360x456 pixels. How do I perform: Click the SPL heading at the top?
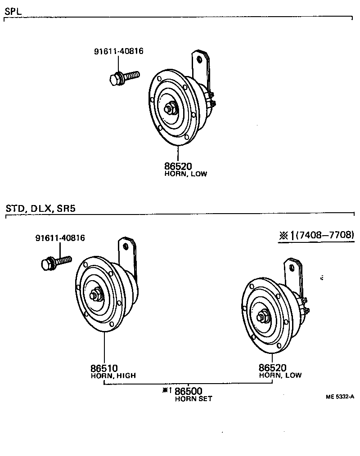[13, 10]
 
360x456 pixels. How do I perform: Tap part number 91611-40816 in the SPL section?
[118, 51]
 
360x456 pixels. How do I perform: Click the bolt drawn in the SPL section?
[124, 77]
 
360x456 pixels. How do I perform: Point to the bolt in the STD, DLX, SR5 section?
[56, 262]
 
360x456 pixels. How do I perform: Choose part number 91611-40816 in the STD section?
[60, 238]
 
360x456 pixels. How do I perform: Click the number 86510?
[104, 367]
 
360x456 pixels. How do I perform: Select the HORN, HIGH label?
[113, 376]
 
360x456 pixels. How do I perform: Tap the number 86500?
[188, 391]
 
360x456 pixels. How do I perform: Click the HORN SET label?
[193, 399]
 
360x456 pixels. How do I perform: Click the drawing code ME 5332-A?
[340, 397]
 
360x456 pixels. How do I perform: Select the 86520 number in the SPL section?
[178, 166]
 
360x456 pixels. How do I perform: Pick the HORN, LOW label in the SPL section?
[186, 174]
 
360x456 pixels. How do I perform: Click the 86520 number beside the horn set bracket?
[272, 367]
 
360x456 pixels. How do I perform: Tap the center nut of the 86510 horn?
[95, 295]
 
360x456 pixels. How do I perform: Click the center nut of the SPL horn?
[171, 109]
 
